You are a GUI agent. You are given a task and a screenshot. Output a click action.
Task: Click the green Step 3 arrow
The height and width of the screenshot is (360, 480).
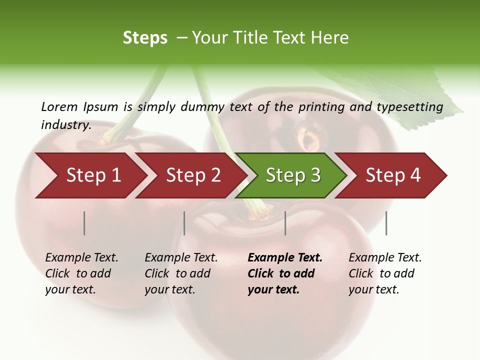[292, 175]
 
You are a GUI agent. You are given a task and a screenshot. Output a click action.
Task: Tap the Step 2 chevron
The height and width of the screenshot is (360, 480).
[192, 175]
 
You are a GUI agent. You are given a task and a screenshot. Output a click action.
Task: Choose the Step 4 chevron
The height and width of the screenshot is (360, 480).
[392, 175]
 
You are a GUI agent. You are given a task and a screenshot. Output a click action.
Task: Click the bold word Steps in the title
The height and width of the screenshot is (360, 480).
[145, 38]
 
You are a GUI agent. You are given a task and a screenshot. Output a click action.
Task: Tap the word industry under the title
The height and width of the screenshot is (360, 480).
[65, 124]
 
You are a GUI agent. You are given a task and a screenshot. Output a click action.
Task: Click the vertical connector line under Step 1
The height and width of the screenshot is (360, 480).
[84, 223]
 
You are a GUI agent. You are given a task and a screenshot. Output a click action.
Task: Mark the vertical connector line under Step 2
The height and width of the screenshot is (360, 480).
[184, 223]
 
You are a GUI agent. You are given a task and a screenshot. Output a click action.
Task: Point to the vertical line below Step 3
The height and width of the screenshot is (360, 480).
[285, 223]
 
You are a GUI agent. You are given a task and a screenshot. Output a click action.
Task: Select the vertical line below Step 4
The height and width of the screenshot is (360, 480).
[386, 223]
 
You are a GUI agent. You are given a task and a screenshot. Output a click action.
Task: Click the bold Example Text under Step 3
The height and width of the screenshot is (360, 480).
[285, 258]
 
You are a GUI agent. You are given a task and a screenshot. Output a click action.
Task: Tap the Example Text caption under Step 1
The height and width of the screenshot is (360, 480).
[81, 258]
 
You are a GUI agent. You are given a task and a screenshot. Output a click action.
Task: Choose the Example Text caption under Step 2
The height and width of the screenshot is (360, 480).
[181, 258]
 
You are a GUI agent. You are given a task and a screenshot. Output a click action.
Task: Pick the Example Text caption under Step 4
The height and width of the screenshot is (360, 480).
[385, 258]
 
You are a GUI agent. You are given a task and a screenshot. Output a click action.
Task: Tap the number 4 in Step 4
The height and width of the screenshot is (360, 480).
[415, 175]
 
